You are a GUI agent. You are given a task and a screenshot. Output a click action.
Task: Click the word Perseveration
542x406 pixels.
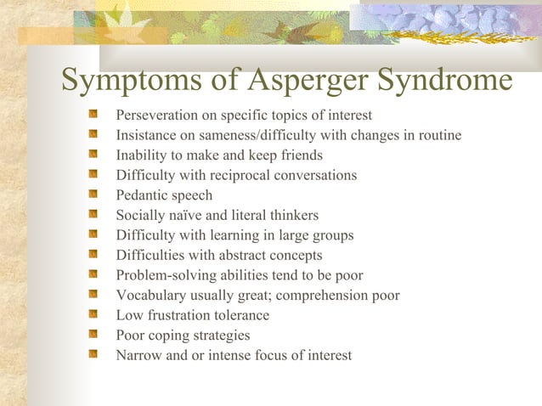pos(154,116)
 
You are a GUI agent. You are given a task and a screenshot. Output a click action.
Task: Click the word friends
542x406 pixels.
pos(302,155)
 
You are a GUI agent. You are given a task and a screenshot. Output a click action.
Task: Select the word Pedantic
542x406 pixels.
pos(142,195)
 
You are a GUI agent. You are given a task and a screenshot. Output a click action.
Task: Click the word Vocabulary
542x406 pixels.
pos(148,296)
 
